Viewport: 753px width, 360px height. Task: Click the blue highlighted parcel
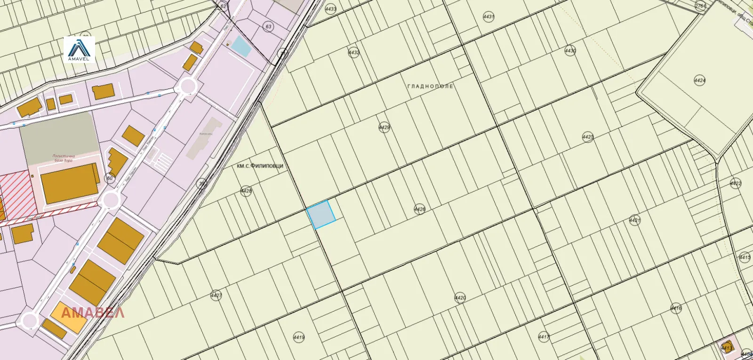pos(321,214)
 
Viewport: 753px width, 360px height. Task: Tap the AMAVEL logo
pos(79,50)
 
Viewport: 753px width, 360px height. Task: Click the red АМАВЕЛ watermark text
pos(93,313)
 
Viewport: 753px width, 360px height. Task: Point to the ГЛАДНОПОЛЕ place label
pos(430,87)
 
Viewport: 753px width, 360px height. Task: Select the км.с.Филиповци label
pos(260,166)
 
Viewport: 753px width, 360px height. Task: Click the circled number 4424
pos(700,80)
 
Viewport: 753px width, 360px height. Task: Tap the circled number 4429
pos(385,128)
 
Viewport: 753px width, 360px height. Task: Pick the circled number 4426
pos(419,209)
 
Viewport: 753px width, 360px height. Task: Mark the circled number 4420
pos(460,297)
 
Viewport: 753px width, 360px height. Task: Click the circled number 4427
pos(216,296)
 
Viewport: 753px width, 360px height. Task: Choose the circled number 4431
pos(489,17)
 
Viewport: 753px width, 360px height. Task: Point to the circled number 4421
pos(634,220)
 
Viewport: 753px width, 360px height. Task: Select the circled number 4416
pos(676,308)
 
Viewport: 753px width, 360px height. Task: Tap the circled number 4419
pos(299,337)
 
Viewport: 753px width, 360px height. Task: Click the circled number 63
pos(269,27)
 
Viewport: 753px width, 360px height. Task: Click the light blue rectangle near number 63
pos(241,45)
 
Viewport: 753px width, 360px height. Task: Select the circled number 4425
pos(588,137)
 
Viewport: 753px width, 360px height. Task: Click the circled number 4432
pos(353,53)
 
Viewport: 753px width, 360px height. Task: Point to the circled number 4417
pos(544,337)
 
